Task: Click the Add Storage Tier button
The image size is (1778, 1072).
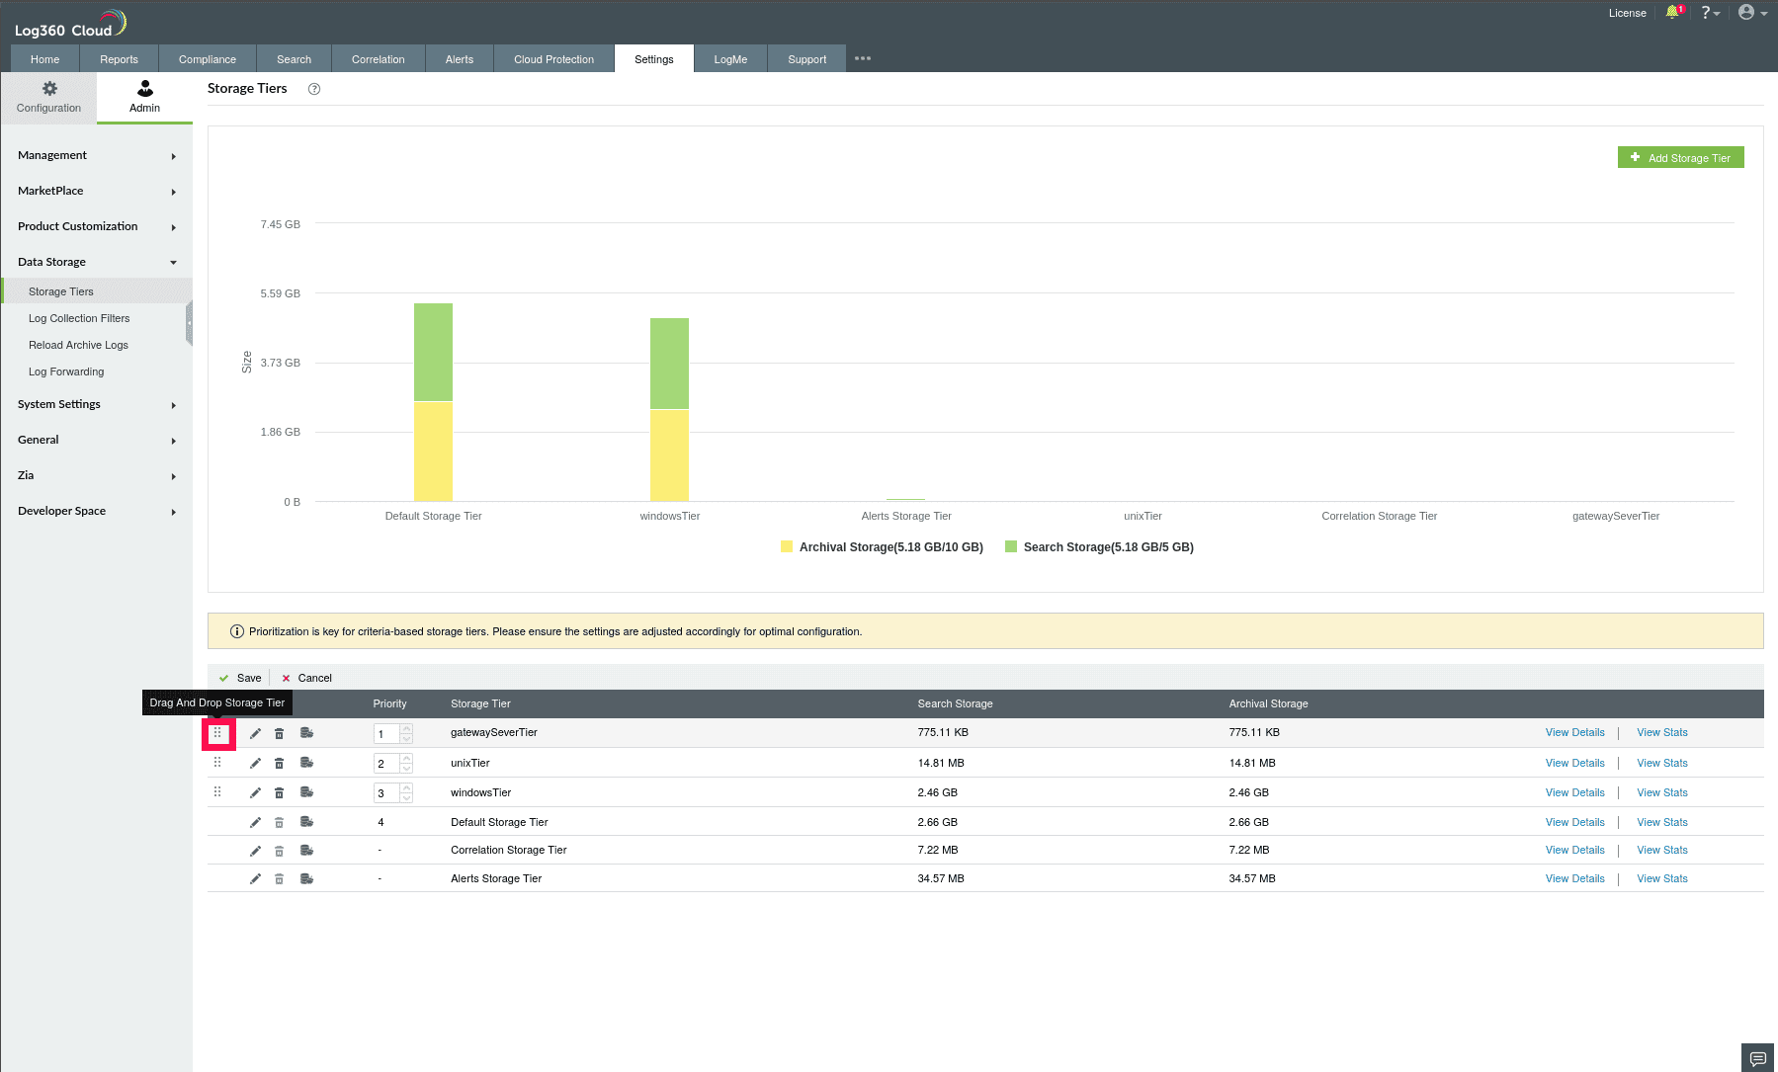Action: coord(1680,158)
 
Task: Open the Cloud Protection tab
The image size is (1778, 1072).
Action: coord(553,59)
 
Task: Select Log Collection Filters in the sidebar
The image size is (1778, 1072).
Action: coord(79,318)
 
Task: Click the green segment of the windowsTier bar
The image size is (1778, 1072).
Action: coord(669,363)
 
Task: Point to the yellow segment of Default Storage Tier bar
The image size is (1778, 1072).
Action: coord(433,452)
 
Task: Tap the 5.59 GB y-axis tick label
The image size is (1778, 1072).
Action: coord(280,293)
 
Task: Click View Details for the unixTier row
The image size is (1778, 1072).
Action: coord(1574,763)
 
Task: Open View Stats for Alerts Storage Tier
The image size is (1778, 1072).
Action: coord(1661,878)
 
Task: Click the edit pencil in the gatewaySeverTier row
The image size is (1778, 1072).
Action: coord(255,733)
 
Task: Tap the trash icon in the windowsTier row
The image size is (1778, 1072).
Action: coord(280,792)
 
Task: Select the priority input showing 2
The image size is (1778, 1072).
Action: coord(385,764)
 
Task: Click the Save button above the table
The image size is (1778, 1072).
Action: coord(241,678)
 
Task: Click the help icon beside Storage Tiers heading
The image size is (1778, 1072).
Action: coord(314,89)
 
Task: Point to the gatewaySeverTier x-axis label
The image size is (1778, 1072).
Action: coord(1615,516)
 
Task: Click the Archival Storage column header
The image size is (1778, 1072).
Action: coord(1268,703)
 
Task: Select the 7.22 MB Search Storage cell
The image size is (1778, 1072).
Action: coord(937,850)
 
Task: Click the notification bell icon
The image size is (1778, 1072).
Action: coord(1672,13)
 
